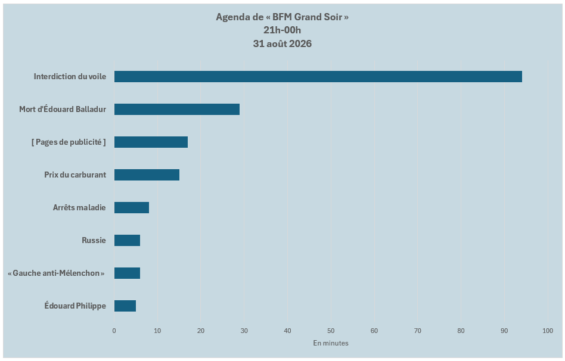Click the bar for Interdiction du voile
[x=318, y=77]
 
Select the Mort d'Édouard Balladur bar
[x=177, y=109]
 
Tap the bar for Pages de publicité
[x=151, y=142]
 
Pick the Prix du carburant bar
[x=147, y=175]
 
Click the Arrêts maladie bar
[x=132, y=207]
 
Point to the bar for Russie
[x=127, y=240]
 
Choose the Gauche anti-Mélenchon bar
[x=127, y=273]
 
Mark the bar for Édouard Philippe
[x=125, y=306]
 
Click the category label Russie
[x=94, y=240]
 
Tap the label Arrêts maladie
[x=79, y=207]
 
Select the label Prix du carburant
[x=75, y=175]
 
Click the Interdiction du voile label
[x=70, y=76]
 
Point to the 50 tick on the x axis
[x=331, y=331]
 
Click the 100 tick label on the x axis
[x=548, y=331]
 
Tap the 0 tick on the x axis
[x=114, y=331]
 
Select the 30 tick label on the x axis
[x=244, y=331]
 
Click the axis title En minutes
[x=331, y=343]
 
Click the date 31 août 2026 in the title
[x=282, y=43]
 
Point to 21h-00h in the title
[x=282, y=30]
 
